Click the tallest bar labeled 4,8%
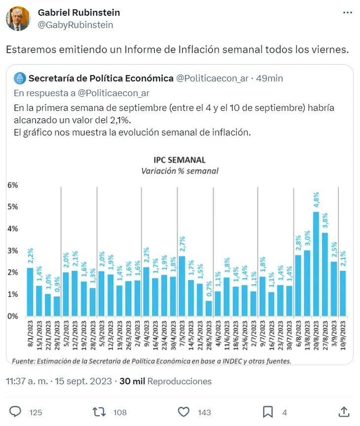click(x=316, y=264)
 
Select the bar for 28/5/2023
click(x=209, y=308)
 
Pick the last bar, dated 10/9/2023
click(x=343, y=293)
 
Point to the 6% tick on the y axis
click(x=12, y=185)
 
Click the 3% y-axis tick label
click(x=12, y=250)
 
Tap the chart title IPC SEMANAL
click(x=180, y=160)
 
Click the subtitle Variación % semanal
click(x=180, y=171)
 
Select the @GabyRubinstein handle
click(x=75, y=25)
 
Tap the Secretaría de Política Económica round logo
click(x=20, y=78)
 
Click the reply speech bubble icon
click(x=16, y=412)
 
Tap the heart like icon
click(x=183, y=412)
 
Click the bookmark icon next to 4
click(x=268, y=412)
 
